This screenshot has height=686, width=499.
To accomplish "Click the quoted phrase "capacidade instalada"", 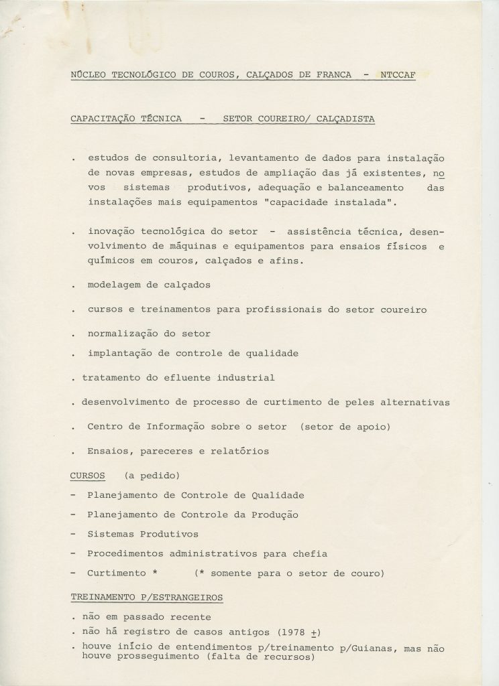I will point(313,201).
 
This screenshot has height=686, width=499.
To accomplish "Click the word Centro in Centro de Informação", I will point(104,426).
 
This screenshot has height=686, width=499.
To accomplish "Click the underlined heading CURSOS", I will point(87,476).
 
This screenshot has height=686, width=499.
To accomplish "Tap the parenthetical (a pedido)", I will point(152,476).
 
